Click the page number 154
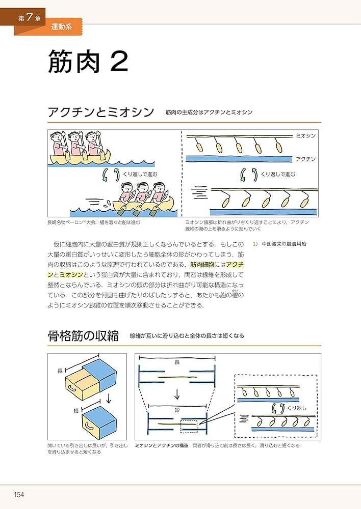[19, 494]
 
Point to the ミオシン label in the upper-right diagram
[305, 136]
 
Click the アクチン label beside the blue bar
[305, 159]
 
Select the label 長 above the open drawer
[59, 372]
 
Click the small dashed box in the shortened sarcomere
[189, 425]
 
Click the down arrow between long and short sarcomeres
[177, 393]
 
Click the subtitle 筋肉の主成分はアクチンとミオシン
[209, 112]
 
